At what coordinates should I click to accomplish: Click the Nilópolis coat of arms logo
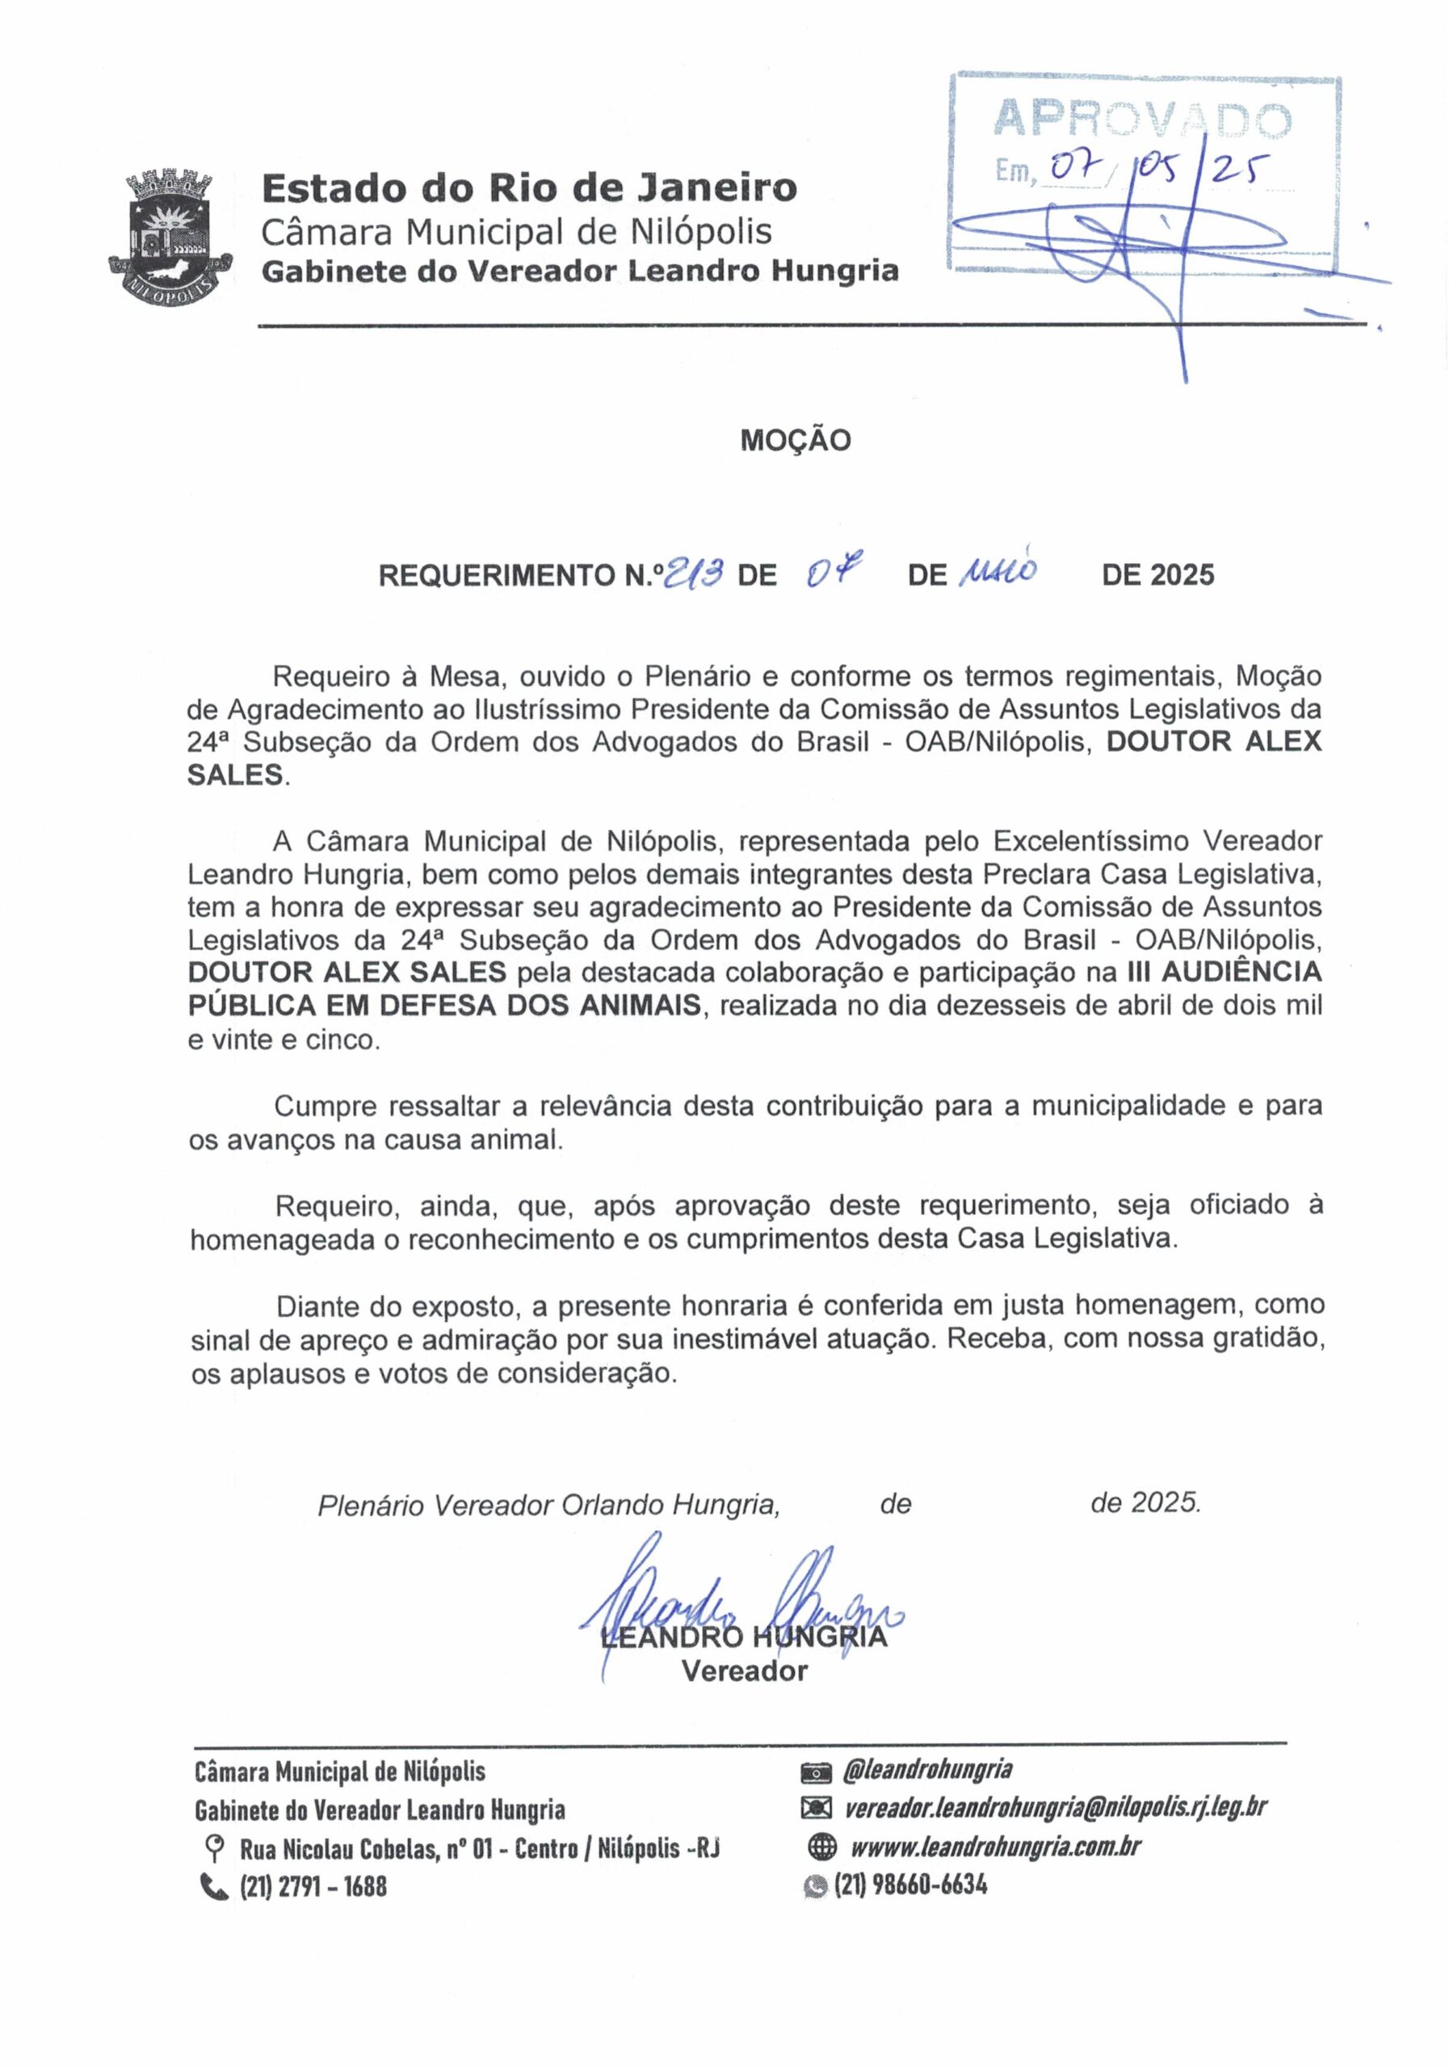point(170,237)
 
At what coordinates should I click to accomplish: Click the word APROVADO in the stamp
point(1142,119)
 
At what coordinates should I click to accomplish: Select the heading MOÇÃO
point(796,440)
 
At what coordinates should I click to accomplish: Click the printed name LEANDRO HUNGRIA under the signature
point(744,1636)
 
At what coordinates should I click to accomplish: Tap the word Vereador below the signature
point(744,1671)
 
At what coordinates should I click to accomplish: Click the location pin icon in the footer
point(215,1849)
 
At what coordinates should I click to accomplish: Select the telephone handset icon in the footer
point(214,1886)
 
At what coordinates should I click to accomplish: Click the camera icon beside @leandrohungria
point(815,1772)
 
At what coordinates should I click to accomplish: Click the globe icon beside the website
point(822,1848)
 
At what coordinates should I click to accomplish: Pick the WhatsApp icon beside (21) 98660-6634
point(816,1885)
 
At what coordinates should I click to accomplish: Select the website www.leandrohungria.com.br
point(996,1847)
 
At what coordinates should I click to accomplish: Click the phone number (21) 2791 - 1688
point(313,1886)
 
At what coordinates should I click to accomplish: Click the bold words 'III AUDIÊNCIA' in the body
point(1224,972)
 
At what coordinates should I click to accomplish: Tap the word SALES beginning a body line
point(235,775)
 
